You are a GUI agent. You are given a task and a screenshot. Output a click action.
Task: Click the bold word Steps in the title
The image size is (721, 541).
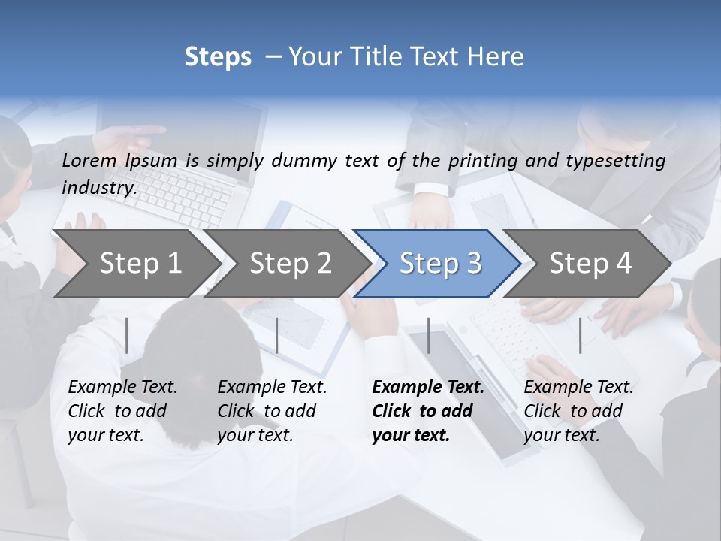coord(218,57)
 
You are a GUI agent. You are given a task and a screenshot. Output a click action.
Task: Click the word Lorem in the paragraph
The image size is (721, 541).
coord(89,160)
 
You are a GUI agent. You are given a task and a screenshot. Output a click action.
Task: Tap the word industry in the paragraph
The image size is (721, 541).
coord(99,187)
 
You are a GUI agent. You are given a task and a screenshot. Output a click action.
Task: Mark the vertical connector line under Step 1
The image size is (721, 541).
coord(127,335)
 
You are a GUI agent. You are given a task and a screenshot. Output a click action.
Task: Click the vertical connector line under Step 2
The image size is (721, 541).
coord(277,335)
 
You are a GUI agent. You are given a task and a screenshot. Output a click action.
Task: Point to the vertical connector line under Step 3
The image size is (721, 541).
coord(428,335)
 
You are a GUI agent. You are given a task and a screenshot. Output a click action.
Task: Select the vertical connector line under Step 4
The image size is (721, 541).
coord(580,335)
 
